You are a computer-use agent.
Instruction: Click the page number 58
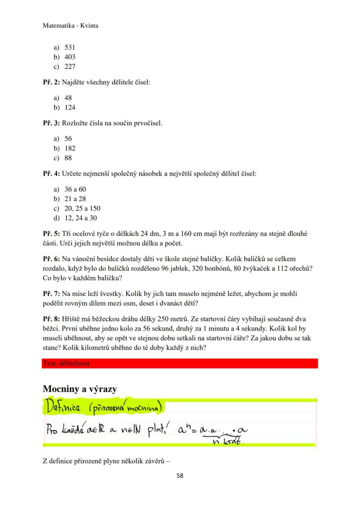(x=180, y=476)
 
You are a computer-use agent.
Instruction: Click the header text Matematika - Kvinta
(x=70, y=26)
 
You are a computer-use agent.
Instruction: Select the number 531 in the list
(x=70, y=47)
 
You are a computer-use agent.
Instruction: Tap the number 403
(x=70, y=57)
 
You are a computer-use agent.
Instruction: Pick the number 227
(x=70, y=67)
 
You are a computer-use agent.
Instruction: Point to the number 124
(x=70, y=107)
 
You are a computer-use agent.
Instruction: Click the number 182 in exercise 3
(x=70, y=148)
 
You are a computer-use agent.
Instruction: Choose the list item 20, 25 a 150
(x=82, y=208)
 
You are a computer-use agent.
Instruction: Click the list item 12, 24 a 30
(x=81, y=218)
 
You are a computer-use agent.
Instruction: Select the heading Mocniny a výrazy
(x=80, y=389)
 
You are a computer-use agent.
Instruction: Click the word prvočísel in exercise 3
(x=148, y=123)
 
